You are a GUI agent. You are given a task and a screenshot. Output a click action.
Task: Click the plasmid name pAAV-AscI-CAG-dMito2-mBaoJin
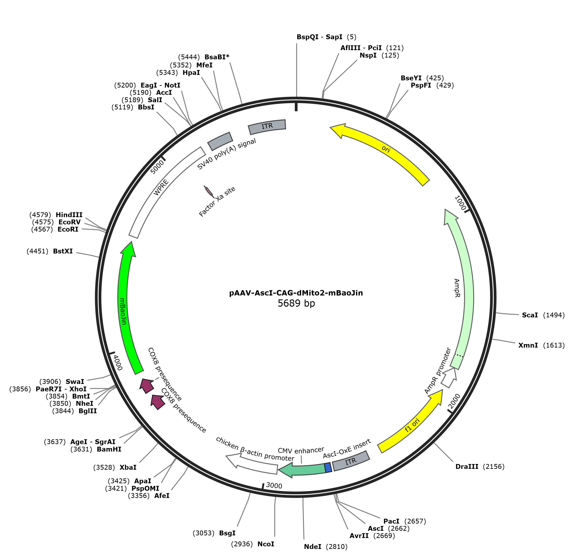(296, 293)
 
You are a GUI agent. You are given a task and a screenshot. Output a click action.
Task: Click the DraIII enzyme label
(467, 466)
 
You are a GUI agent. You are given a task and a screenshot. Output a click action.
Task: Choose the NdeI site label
(313, 546)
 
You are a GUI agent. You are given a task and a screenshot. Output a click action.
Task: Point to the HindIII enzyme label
(69, 215)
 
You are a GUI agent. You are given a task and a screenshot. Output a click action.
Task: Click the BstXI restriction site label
(63, 251)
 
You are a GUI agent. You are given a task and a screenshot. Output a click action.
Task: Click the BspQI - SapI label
(319, 37)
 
